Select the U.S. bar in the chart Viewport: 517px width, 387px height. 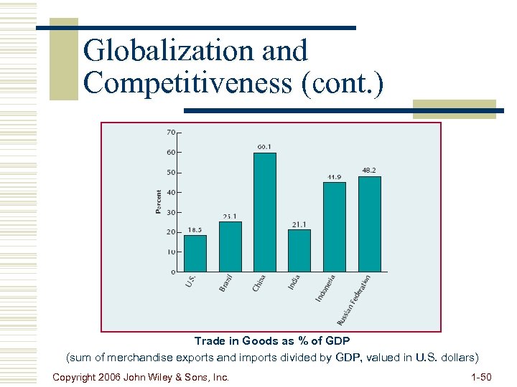[x=195, y=253]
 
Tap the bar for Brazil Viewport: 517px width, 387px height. [x=230, y=247]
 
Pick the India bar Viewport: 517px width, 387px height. [x=299, y=250]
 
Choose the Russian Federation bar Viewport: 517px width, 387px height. [x=369, y=224]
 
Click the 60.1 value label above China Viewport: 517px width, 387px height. [x=264, y=147]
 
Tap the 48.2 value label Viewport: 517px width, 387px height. [x=368, y=171]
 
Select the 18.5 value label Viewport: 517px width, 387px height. [x=195, y=230]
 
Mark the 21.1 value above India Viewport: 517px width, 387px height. [x=299, y=224]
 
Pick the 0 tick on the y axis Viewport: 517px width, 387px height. [x=173, y=272]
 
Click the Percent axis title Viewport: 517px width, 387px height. [x=159, y=201]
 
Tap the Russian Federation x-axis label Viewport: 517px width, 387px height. [x=355, y=297]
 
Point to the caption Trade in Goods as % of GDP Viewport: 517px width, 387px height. [x=272, y=341]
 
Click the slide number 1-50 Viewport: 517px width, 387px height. [x=480, y=377]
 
